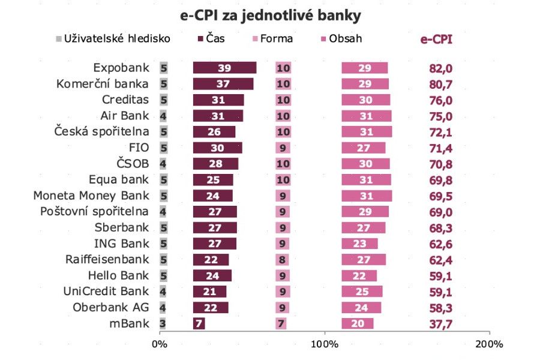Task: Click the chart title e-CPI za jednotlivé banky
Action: click(x=271, y=14)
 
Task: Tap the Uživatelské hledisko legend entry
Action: click(x=113, y=39)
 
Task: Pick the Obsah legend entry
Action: click(x=343, y=39)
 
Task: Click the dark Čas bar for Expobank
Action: click(x=224, y=68)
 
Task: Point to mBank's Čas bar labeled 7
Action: click(x=199, y=323)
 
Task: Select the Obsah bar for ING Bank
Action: click(x=359, y=244)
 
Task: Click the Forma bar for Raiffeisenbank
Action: click(x=283, y=260)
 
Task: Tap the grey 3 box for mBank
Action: click(x=163, y=323)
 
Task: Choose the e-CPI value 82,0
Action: click(x=440, y=68)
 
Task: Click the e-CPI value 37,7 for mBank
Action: click(x=440, y=324)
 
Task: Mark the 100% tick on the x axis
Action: click(x=325, y=344)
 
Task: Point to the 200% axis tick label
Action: click(x=490, y=344)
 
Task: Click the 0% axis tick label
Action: click(x=160, y=344)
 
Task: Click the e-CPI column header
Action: click(x=436, y=40)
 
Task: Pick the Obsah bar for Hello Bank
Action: click(x=359, y=275)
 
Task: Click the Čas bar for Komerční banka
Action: click(x=223, y=84)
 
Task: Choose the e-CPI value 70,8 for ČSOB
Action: click(x=440, y=164)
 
